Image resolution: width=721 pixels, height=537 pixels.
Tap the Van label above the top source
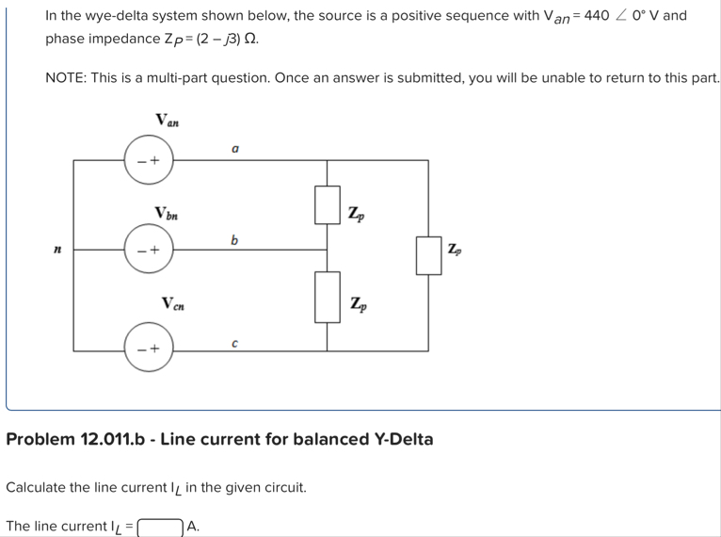coord(168,120)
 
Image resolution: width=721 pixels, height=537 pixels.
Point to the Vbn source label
coord(168,212)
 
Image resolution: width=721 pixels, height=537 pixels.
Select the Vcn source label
coord(172,303)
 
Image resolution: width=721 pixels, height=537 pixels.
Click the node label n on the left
coord(58,250)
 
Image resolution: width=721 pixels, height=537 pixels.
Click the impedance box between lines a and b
coord(327,205)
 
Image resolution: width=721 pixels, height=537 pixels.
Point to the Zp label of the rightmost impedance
coord(456,250)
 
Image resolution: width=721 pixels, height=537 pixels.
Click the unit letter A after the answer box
coord(193,526)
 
